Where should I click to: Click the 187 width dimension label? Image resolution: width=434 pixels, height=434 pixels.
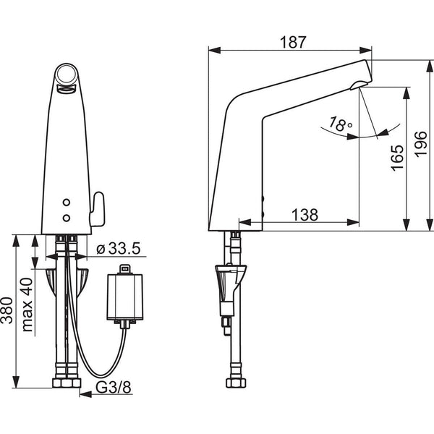pyautogui.click(x=293, y=43)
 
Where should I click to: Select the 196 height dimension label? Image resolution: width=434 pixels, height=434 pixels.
pyautogui.click(x=421, y=145)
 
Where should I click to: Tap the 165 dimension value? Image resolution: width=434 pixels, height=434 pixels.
pyautogui.click(x=397, y=158)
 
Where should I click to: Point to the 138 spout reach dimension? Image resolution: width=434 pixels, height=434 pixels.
pyautogui.click(x=305, y=215)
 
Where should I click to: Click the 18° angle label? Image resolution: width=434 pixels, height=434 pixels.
pyautogui.click(x=341, y=124)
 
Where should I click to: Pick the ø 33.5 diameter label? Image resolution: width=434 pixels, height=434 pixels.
pyautogui.click(x=119, y=248)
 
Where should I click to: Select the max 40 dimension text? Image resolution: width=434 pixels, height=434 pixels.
pyautogui.click(x=27, y=305)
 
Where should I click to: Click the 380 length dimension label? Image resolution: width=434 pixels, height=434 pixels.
pyautogui.click(x=7, y=310)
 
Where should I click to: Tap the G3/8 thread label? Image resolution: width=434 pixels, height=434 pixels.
pyautogui.click(x=114, y=388)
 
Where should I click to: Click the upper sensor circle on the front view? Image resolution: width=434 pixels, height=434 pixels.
pyautogui.click(x=67, y=203)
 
